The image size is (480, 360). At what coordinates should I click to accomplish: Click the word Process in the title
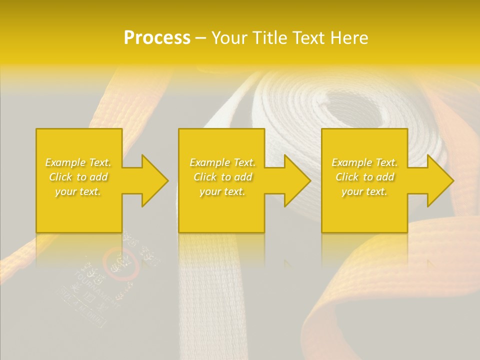[157, 38]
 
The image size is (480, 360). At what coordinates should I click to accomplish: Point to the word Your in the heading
[229, 38]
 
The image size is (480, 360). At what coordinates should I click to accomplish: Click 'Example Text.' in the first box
[78, 162]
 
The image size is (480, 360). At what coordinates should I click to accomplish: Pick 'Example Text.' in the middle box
[222, 162]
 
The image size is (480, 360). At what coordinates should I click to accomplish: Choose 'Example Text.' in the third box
[364, 162]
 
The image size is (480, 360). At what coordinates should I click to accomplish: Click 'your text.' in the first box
[78, 191]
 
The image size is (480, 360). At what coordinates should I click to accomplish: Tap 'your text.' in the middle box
[222, 191]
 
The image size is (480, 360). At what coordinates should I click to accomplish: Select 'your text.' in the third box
[364, 191]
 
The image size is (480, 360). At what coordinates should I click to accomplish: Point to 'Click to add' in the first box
[78, 177]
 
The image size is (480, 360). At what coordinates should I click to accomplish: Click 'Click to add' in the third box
[364, 177]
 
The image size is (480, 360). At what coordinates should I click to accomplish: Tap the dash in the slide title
[200, 38]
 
